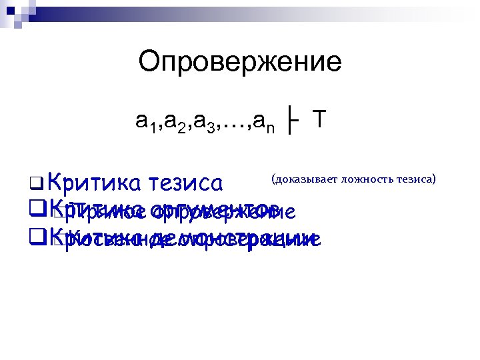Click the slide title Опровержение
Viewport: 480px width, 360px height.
tap(240, 63)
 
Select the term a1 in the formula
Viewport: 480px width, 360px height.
tap(145, 121)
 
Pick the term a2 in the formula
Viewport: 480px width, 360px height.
tap(173, 121)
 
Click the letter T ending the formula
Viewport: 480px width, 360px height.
tap(320, 119)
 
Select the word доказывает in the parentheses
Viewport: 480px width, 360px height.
tap(306, 179)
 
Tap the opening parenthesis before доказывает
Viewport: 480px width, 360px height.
tap(273, 179)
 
